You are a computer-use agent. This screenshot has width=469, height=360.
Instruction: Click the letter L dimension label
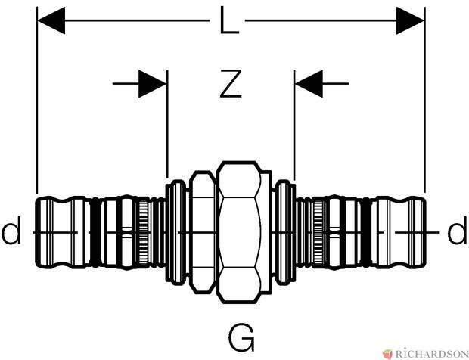pos(229,20)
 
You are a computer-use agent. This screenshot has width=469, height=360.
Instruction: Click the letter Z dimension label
pos(230,84)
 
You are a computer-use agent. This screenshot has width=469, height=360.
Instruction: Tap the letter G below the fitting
pos(241,337)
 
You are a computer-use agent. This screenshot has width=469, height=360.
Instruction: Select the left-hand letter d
pos(11,230)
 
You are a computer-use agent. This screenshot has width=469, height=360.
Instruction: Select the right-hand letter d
pos(457,230)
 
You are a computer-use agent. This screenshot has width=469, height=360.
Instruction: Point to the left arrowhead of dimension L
pos(51,20)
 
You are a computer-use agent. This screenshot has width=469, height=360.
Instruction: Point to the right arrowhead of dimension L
pos(410,20)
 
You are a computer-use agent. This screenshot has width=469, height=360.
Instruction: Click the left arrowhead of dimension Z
pos(153,84)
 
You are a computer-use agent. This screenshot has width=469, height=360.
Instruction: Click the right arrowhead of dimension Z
pos(309,84)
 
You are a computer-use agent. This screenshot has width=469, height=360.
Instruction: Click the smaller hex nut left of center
pos(203,232)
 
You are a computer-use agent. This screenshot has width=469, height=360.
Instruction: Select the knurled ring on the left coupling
pos(143,232)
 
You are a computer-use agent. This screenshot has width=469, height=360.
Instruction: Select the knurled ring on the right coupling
pos(318,232)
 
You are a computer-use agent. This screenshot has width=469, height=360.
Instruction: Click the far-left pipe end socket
pos(60,232)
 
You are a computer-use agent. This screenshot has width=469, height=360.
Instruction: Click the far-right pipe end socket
pos(401,232)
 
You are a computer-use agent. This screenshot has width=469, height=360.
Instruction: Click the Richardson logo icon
pos(387,354)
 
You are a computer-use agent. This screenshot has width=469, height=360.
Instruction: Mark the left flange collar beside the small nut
pos(177,232)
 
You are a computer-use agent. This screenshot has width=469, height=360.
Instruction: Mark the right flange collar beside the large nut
pos(284,232)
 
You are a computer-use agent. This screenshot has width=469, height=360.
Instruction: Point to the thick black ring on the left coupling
pos(95,232)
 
